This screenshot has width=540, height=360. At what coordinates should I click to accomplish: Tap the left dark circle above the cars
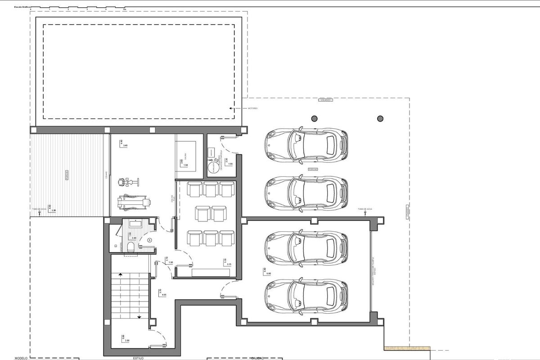click(314, 118)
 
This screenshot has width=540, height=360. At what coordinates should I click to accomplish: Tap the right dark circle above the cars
click(380, 118)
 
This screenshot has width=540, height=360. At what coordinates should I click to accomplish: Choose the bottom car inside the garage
click(306, 296)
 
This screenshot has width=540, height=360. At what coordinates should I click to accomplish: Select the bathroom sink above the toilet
click(135, 223)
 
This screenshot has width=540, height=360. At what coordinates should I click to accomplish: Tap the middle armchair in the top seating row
click(211, 189)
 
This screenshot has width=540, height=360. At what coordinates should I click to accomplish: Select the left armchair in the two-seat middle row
click(202, 213)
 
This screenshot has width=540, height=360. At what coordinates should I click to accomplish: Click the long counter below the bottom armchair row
click(210, 272)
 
